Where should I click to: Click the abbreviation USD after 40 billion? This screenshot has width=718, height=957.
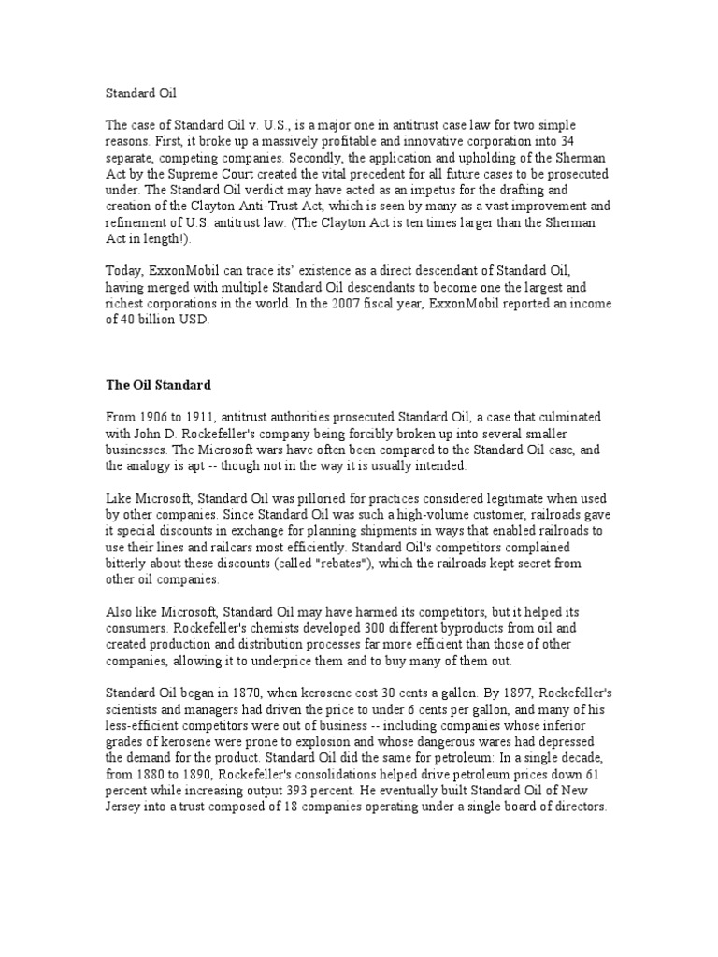[x=193, y=320]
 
